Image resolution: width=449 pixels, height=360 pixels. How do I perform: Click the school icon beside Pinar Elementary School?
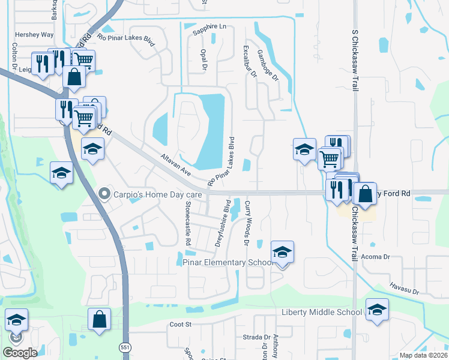[x=282, y=253]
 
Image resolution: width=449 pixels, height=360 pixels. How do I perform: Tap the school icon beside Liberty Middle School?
[x=377, y=310]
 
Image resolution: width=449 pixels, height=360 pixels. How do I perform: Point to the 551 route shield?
[x=124, y=347]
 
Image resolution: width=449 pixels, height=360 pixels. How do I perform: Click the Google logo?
[x=20, y=352]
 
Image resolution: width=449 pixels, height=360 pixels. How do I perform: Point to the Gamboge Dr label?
[x=268, y=65]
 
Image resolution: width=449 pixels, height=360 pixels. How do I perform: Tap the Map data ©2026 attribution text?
[x=424, y=355]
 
